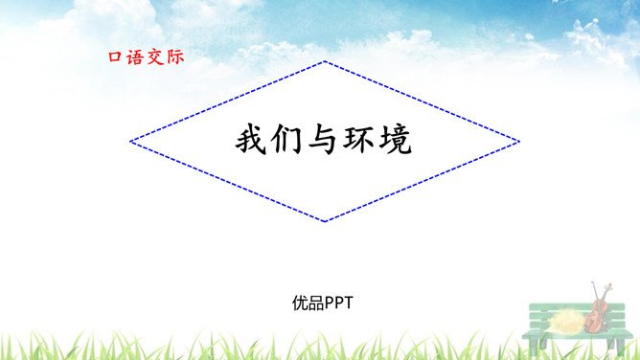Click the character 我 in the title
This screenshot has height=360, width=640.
tap(251, 141)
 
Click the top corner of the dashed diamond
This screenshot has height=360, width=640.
tap(325, 61)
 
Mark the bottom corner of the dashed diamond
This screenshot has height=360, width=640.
tap(325, 221)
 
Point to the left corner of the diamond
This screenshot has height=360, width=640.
tap(130, 142)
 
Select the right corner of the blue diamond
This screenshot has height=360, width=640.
tap(519, 142)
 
